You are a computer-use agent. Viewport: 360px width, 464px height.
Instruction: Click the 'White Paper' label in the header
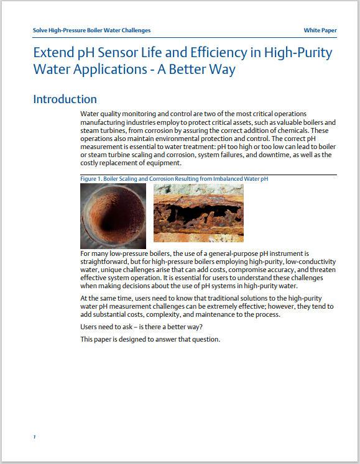coord(320,30)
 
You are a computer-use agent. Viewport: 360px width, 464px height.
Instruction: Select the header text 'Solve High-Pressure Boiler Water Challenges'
coord(91,30)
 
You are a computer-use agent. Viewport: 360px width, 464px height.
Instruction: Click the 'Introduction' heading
coord(65,99)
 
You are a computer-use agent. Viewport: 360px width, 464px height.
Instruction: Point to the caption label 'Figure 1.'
coord(91,179)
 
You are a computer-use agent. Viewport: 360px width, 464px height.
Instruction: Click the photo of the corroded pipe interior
coord(113,216)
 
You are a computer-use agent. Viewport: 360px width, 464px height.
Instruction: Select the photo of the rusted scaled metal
coord(198,213)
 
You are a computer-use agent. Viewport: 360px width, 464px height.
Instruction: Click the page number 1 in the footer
coord(35,437)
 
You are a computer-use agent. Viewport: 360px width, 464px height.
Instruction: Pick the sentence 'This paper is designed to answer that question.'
coord(150,339)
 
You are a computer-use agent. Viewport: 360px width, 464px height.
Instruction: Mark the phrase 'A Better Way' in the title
coord(200,69)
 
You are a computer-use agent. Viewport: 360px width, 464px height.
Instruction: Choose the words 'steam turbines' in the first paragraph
coord(103,131)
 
